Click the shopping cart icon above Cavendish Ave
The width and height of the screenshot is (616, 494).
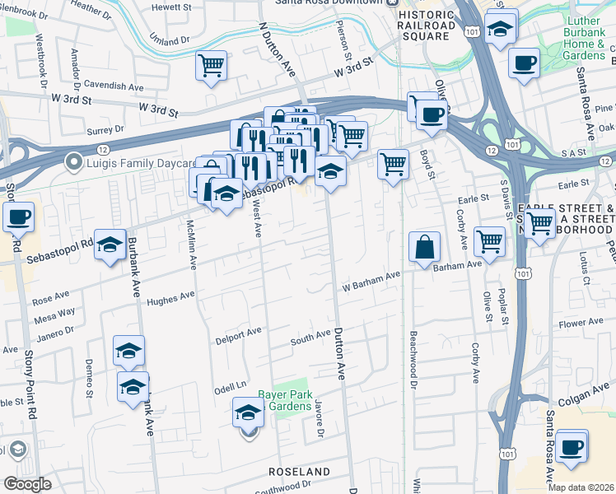(x=212, y=65)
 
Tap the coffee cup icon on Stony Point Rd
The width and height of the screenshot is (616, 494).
(x=18, y=218)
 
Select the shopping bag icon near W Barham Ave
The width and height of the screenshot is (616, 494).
(x=424, y=247)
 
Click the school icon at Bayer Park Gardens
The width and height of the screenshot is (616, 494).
(x=248, y=413)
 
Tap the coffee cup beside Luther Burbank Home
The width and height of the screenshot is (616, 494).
(x=524, y=63)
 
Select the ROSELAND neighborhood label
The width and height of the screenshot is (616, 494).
(x=300, y=472)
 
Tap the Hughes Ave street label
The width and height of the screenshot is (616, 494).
(x=170, y=297)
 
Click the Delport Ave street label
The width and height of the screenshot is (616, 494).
(x=237, y=334)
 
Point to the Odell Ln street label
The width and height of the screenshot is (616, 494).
(x=231, y=386)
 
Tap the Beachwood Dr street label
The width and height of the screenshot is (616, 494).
(x=413, y=350)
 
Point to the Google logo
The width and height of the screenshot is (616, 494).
(x=27, y=484)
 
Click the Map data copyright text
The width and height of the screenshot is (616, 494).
(x=581, y=487)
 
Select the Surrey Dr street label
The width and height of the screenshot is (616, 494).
(x=105, y=129)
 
